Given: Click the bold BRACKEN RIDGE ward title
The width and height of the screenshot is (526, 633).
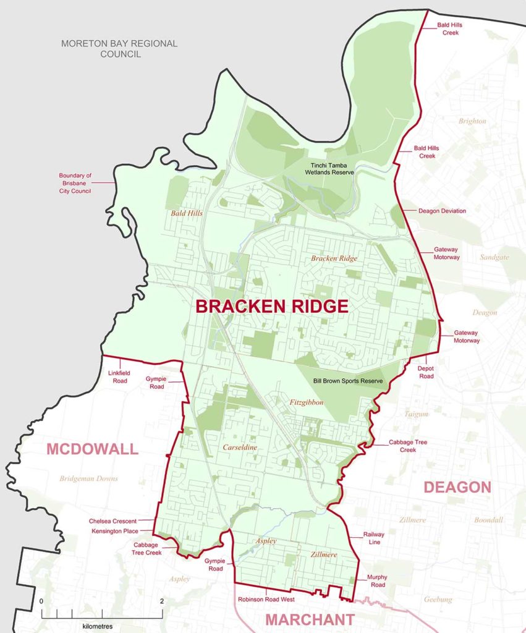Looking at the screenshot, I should (x=272, y=306).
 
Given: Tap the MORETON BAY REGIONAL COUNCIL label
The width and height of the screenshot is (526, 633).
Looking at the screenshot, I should (x=119, y=49).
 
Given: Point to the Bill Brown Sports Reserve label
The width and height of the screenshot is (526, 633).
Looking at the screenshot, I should (x=348, y=381).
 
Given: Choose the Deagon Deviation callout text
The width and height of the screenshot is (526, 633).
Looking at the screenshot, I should (x=442, y=211).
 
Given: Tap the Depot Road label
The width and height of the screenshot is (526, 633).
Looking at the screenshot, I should (x=426, y=372).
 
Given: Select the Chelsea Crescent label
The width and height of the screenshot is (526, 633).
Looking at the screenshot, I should (x=112, y=521).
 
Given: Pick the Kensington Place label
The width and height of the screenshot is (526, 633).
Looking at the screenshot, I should (x=112, y=531).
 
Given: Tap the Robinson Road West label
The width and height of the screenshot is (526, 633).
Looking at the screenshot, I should (x=266, y=600).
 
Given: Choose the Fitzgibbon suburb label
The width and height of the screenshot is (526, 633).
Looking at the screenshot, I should (x=305, y=402).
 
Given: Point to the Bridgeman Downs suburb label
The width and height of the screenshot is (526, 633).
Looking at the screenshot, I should (x=88, y=478).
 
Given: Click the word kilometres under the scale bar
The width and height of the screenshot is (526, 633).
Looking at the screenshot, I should (x=101, y=626).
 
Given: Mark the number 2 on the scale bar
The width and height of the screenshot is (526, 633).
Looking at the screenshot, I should (x=161, y=601).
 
